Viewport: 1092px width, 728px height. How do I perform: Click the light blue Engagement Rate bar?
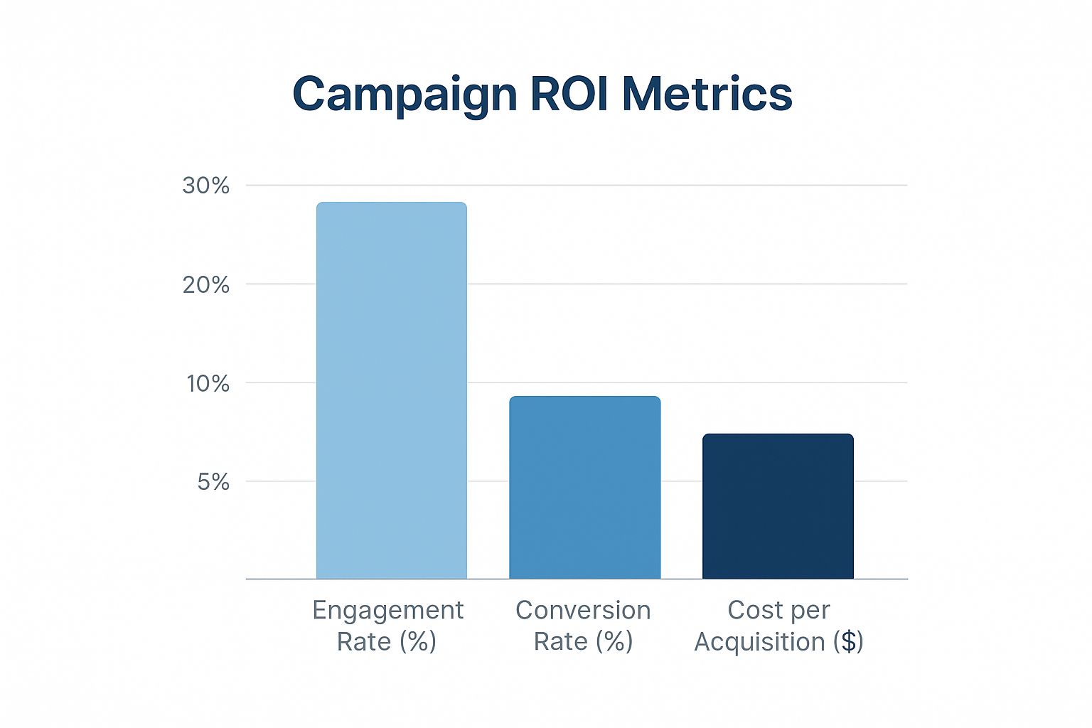[391, 391]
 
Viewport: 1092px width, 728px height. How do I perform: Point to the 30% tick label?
[205, 186]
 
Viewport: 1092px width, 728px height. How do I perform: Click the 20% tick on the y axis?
[205, 285]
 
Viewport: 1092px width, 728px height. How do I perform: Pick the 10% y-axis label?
[208, 384]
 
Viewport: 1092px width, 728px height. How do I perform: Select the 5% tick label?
[213, 482]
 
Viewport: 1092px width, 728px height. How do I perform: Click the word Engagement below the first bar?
[388, 611]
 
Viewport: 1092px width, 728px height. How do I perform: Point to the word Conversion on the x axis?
[583, 611]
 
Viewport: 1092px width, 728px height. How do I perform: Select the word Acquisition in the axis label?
[759, 642]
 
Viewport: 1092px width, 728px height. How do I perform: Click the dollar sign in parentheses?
[847, 642]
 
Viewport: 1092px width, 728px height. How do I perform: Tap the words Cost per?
[778, 610]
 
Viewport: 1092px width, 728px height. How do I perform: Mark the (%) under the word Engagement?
[417, 642]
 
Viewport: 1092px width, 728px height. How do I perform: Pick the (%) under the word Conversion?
[614, 642]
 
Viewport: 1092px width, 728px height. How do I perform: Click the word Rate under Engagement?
[363, 642]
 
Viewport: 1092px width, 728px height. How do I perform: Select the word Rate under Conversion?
[560, 642]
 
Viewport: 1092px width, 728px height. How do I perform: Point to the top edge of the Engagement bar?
[391, 203]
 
